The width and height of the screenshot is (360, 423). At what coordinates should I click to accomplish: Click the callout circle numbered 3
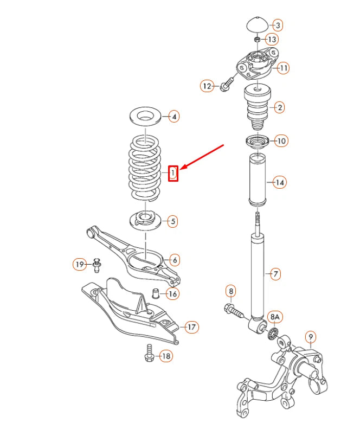click(x=277, y=25)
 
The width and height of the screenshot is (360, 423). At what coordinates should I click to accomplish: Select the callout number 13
click(x=272, y=39)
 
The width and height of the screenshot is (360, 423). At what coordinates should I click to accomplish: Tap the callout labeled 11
click(x=282, y=68)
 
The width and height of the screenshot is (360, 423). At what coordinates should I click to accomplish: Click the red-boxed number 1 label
click(x=173, y=173)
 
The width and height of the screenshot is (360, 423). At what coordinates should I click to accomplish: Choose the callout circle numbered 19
click(x=80, y=265)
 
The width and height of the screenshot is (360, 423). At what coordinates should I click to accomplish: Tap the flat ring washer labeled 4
click(x=146, y=116)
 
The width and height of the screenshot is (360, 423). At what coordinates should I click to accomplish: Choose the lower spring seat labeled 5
click(x=145, y=220)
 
